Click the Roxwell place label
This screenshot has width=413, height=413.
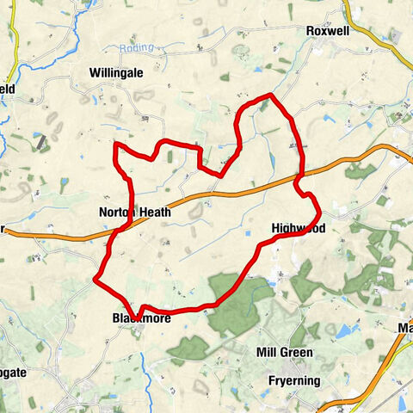click(327, 30)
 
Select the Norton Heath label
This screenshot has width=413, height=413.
click(134, 212)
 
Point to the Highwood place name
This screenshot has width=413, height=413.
click(298, 228)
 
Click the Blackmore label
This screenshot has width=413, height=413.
click(142, 318)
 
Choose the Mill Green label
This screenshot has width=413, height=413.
click(284, 353)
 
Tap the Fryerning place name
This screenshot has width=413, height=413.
click(288, 380)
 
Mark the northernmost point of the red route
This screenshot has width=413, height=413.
click(271, 95)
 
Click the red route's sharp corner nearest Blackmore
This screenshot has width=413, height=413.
click(134, 313)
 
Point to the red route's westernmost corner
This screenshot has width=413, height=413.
click(95, 279)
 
